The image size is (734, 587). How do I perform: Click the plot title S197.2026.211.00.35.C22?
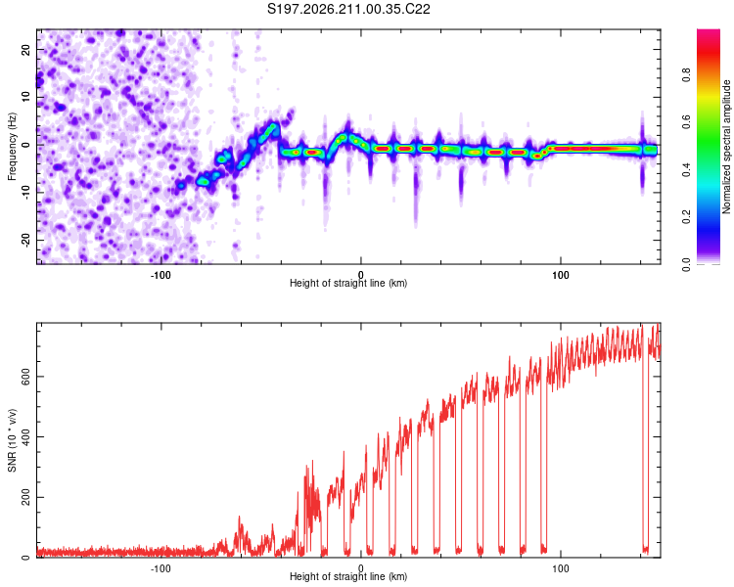coord(348,9)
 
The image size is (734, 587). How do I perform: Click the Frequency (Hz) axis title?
coord(12,147)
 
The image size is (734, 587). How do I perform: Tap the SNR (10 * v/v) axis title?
coord(12,440)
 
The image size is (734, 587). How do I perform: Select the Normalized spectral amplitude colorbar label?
coord(726,147)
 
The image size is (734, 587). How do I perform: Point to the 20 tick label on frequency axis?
coord(25,50)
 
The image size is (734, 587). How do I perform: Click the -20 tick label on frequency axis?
coord(25,240)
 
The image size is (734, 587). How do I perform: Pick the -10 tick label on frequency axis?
coord(25,193)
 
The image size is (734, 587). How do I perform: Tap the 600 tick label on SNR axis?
coord(25,377)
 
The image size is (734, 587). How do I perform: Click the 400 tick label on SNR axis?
coord(25,436)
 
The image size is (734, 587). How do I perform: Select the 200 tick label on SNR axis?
coord(25,497)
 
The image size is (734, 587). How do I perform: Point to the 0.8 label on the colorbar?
coord(686,75)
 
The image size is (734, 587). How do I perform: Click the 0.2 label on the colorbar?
coord(686,217)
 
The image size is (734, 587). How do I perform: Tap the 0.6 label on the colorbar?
coord(686,122)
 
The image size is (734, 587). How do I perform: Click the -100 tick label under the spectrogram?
coord(161,275)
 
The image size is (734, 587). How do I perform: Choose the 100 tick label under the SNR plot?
coord(561,568)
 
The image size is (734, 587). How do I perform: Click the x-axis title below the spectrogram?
coord(348,283)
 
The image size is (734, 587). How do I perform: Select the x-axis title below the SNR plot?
coord(348,576)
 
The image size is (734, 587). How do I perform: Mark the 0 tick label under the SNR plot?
coord(360,568)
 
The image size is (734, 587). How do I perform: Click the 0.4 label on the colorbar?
coord(686,169)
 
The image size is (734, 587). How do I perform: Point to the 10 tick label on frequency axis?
coord(25,98)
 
